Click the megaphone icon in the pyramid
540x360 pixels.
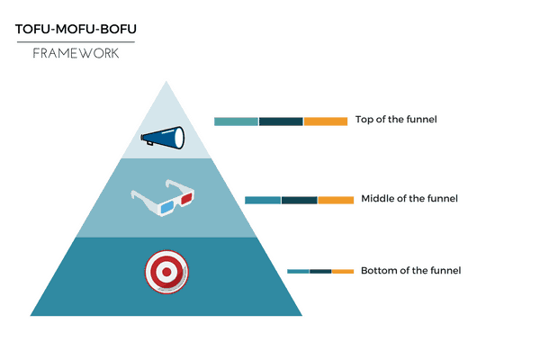tap(163, 138)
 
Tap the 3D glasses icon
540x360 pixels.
tap(163, 198)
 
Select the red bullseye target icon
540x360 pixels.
tap(166, 272)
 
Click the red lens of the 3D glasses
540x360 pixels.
tap(186, 198)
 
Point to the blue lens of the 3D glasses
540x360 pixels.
tap(167, 207)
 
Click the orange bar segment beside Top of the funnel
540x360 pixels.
tap(326, 121)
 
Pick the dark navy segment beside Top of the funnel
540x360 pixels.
tap(281, 121)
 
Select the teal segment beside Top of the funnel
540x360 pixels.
tap(236, 121)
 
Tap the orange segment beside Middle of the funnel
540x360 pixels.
tap(336, 200)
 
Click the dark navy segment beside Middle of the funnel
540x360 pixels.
tap(300, 200)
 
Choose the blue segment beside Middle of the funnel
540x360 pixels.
tap(263, 200)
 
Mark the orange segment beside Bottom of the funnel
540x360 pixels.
tap(343, 272)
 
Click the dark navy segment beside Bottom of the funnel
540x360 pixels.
tap(320, 272)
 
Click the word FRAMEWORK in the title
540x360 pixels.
tap(76, 53)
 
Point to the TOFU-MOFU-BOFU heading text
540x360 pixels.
tap(76, 29)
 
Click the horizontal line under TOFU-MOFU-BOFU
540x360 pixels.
tap(76, 42)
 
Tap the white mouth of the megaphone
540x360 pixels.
tap(179, 138)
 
